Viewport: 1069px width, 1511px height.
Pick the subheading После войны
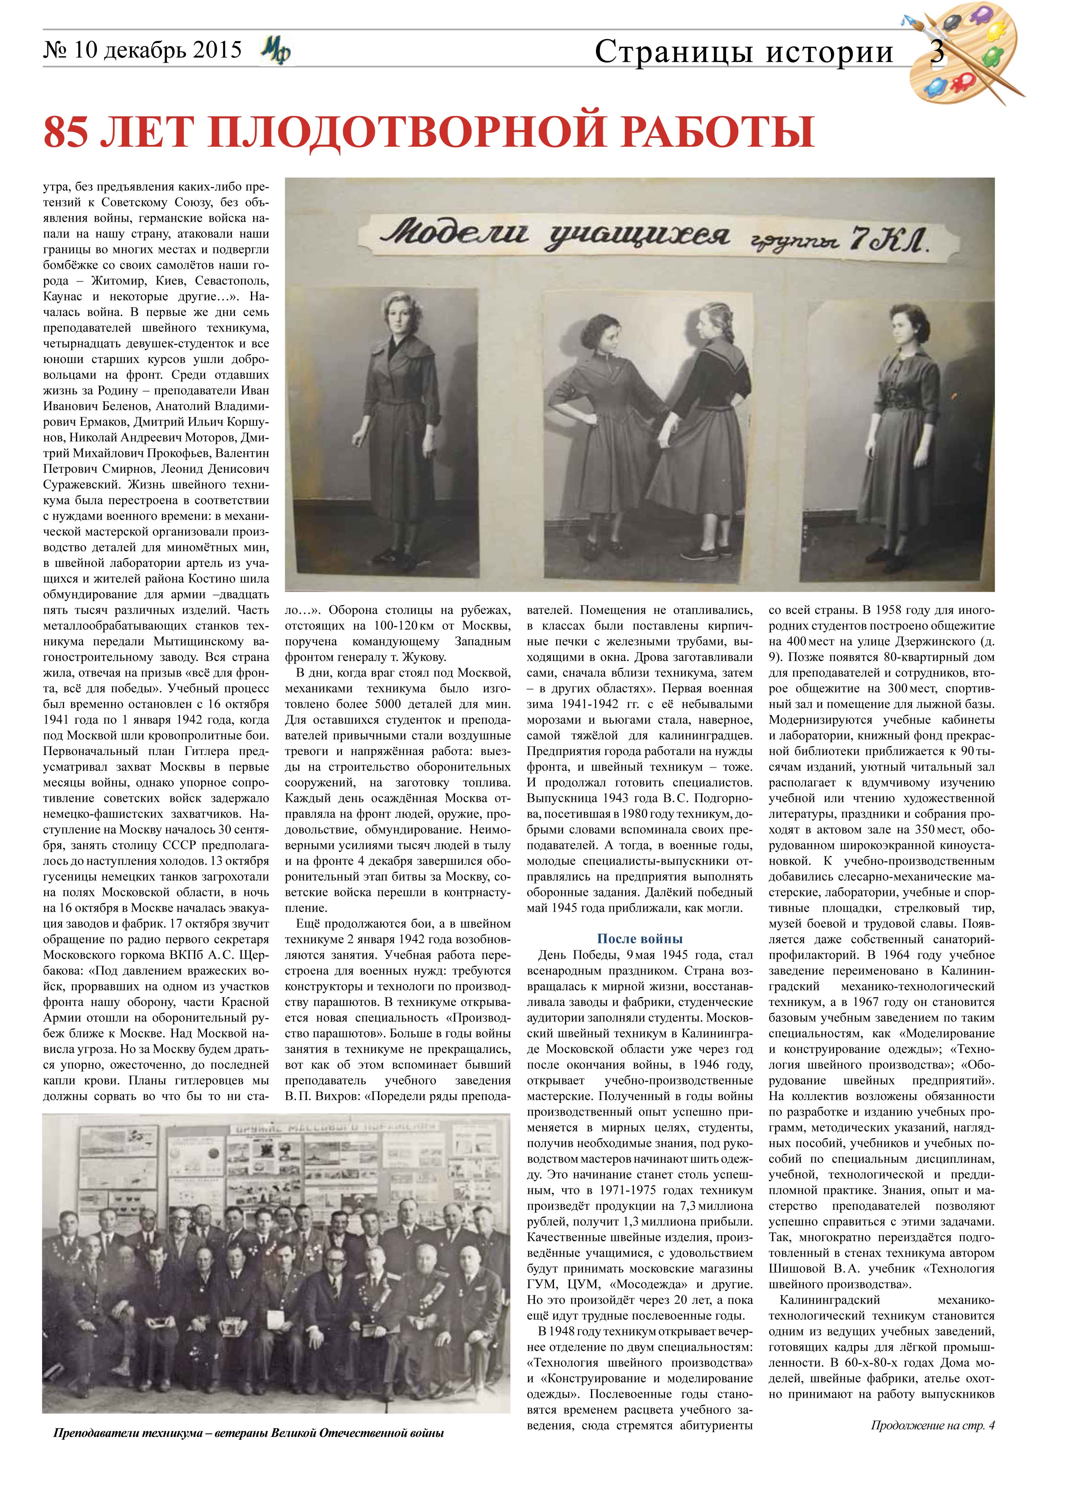[639, 938]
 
